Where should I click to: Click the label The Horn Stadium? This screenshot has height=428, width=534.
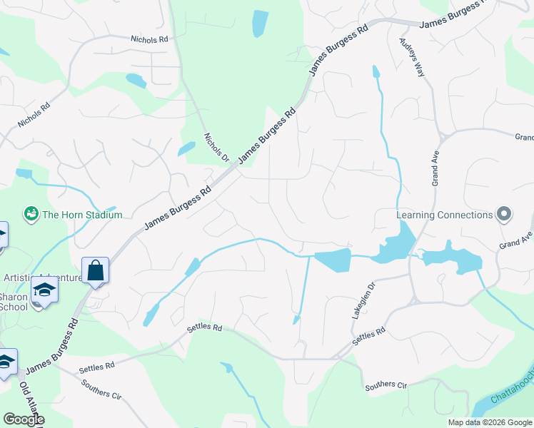pos(82,215)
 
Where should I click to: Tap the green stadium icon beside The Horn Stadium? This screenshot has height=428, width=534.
pos(31,213)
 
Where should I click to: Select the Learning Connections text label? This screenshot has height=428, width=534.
pos(445,215)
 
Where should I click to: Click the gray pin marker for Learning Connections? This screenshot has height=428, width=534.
pos(504,214)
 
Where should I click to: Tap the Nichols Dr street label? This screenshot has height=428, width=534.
pos(215,147)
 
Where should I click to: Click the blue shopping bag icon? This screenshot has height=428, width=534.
pos(95,271)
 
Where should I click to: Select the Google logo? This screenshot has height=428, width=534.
pos(24,419)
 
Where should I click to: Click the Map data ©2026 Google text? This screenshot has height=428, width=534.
pos(489,422)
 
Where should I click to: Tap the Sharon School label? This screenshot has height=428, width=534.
pos(14,302)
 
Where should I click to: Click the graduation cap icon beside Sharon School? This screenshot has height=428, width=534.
pos(44,290)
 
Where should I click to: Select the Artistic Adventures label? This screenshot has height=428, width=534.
pos(50,277)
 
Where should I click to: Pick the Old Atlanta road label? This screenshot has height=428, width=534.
pos(29,403)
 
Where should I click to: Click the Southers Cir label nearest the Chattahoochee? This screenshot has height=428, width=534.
pos(386,385)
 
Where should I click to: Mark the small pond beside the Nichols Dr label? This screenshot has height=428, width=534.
pos(186,148)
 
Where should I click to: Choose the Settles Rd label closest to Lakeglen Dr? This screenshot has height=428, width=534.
pos(370,336)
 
